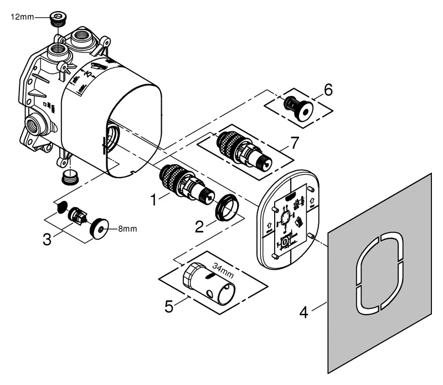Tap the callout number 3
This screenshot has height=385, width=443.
48,239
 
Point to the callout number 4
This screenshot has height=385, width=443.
303,312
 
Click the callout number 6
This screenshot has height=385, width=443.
328,89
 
